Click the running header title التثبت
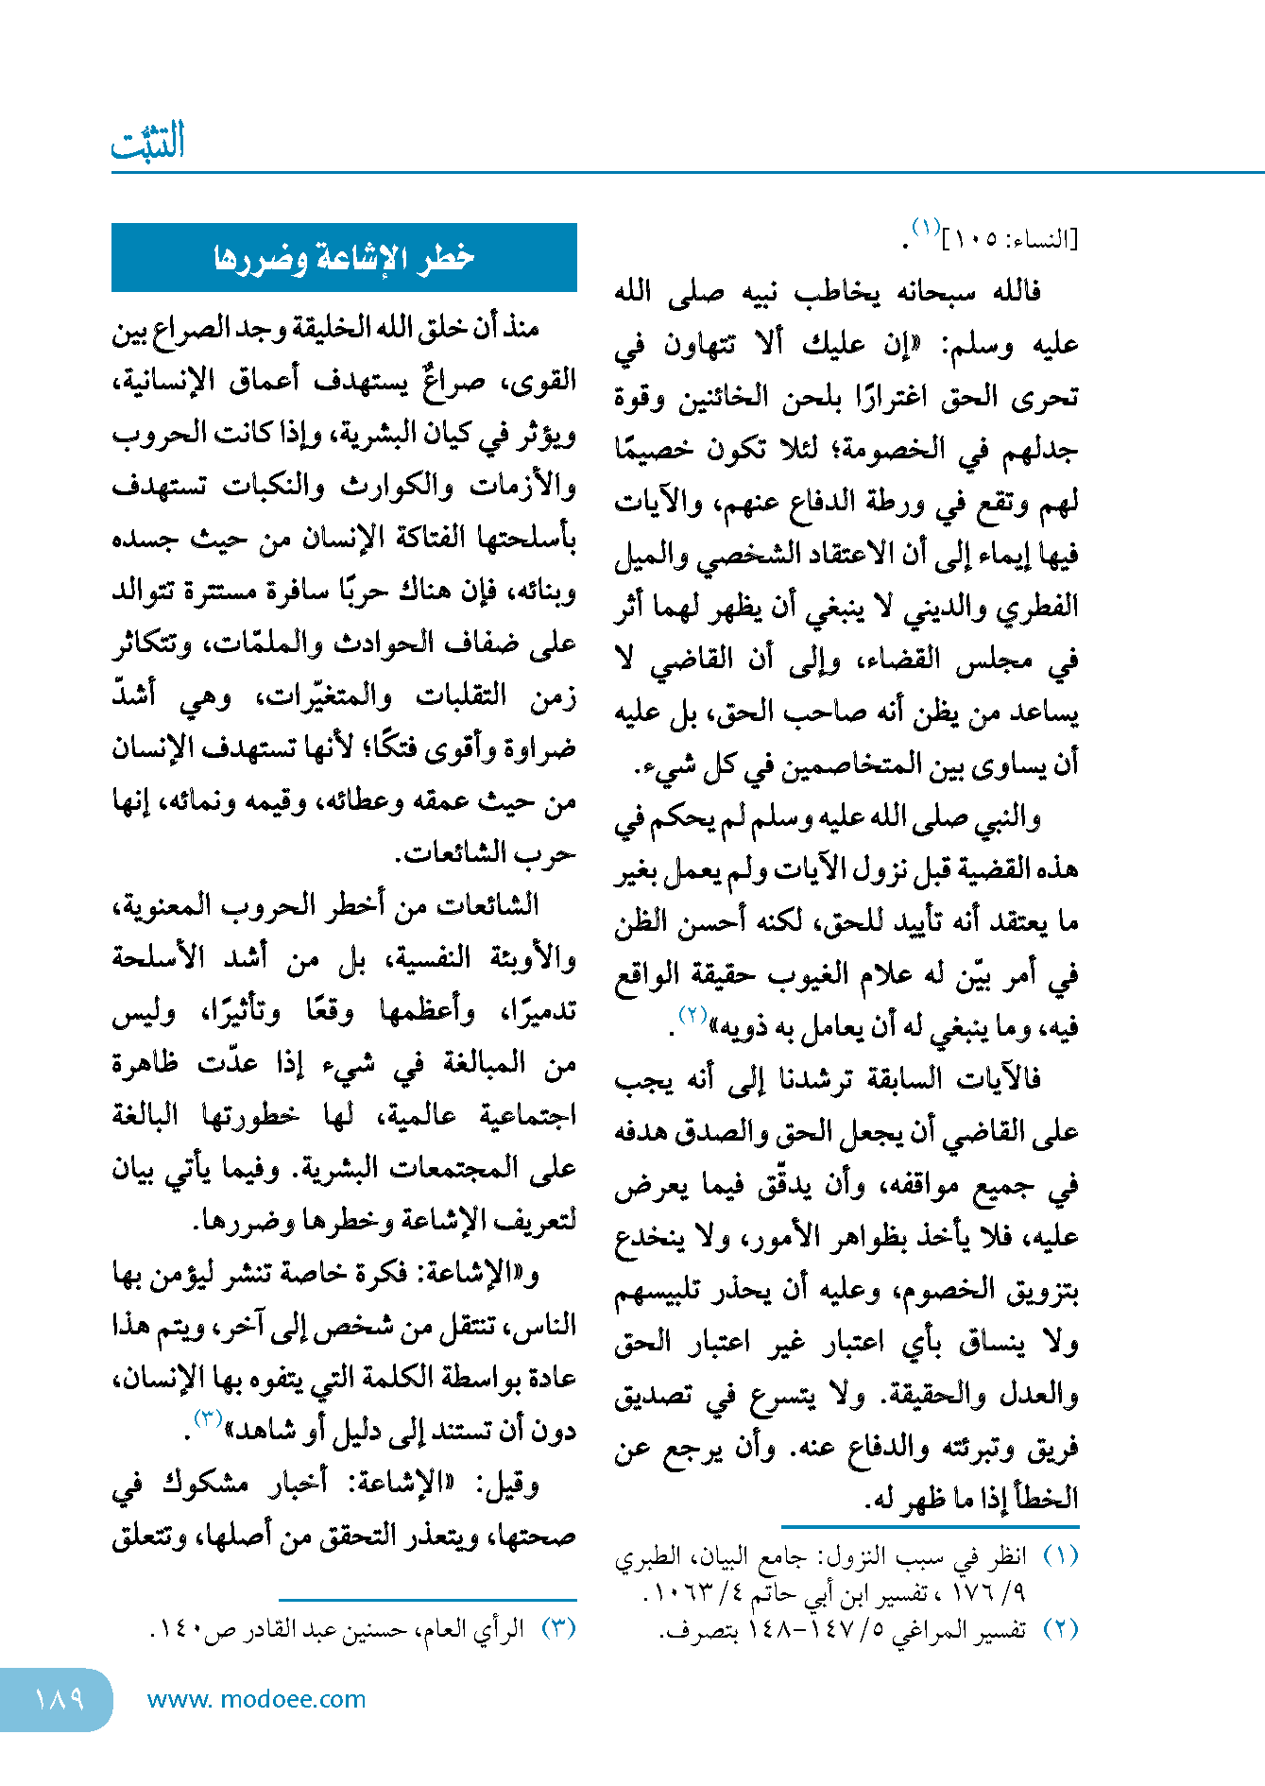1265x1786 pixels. pos(147,143)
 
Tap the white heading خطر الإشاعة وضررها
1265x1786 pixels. pos(344,257)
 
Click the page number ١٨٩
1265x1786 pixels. pos(59,1699)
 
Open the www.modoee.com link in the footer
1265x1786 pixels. pos(256,1699)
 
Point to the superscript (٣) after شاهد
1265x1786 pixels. pos(207,1418)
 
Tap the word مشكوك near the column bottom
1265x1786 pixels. pos(208,1485)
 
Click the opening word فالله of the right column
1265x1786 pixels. pos(1017,292)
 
